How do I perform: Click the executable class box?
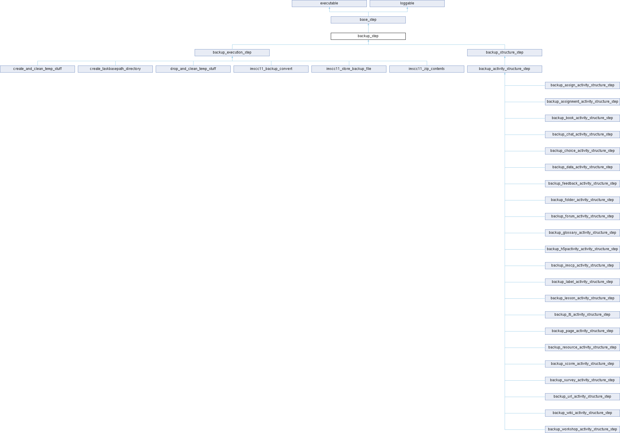(x=329, y=4)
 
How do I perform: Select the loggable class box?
(x=407, y=4)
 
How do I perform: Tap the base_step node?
(x=368, y=20)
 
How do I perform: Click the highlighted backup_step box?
(x=368, y=36)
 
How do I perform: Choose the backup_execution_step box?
(x=232, y=53)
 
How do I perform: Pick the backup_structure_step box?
(x=504, y=53)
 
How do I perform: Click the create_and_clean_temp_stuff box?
(x=37, y=69)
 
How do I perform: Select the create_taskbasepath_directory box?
(x=115, y=69)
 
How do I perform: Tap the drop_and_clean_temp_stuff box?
(x=193, y=69)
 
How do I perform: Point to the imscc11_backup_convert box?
(x=271, y=69)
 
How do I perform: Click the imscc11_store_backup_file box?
(x=349, y=69)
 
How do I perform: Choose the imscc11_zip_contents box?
(x=427, y=69)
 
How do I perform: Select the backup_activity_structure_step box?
(x=504, y=69)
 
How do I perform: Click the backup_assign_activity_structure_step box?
(x=582, y=85)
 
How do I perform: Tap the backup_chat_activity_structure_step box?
(x=582, y=135)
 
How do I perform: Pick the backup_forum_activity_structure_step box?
(x=582, y=216)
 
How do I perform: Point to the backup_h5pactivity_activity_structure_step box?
(x=582, y=249)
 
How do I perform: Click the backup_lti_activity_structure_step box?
(x=582, y=315)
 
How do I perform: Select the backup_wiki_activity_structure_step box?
(x=582, y=413)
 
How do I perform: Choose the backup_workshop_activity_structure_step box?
(x=582, y=429)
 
